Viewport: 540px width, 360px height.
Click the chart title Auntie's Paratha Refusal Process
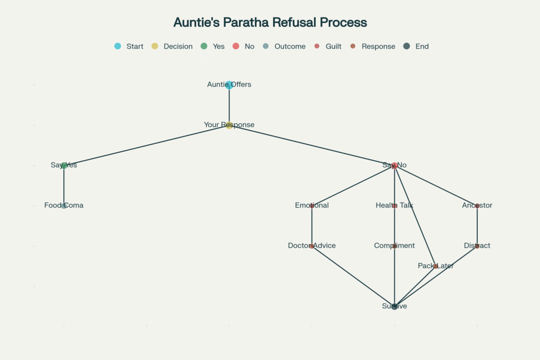(270, 23)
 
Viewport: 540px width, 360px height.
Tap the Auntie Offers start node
(229, 85)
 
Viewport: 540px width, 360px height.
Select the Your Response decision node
(229, 125)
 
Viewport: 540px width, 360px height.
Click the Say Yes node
(64, 166)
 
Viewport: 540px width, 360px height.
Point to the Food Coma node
(64, 206)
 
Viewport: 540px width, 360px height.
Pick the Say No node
(394, 166)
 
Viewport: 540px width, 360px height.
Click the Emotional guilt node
(312, 206)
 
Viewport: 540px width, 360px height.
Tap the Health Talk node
(394, 206)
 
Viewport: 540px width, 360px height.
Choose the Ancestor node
(477, 206)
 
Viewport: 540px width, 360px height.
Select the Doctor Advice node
(312, 246)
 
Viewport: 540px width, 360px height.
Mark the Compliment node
(394, 246)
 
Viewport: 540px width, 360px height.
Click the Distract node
(477, 246)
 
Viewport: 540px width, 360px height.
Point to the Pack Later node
(436, 266)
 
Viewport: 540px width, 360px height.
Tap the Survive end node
(394, 306)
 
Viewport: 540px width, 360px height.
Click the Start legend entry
(129, 46)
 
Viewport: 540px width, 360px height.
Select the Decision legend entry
(172, 46)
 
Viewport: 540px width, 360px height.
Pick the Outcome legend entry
(284, 46)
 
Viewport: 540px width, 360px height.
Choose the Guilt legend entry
(328, 46)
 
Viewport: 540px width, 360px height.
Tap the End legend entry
(416, 46)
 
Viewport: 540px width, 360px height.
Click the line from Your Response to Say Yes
(147, 145)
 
